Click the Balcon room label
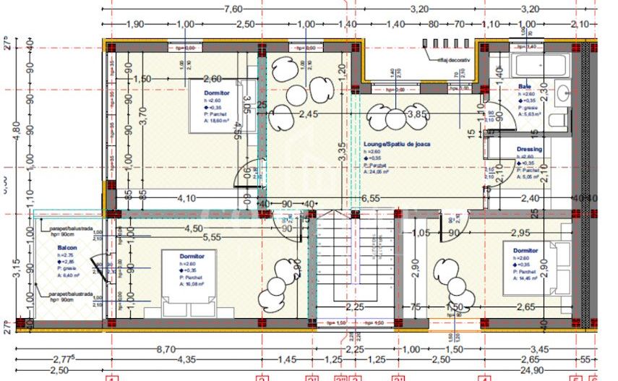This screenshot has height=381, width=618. click(x=67, y=247)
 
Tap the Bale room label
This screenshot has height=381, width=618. click(x=524, y=87)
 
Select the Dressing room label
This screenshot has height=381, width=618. click(x=529, y=150)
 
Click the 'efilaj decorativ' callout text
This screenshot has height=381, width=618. click(x=453, y=61)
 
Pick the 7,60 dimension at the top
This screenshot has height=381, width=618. click(x=233, y=9)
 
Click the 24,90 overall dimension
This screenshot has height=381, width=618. click(x=536, y=370)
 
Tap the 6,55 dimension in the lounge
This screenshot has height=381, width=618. click(x=370, y=197)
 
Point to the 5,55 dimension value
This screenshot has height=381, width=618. click(x=212, y=236)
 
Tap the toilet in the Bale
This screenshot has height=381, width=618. click(x=556, y=120)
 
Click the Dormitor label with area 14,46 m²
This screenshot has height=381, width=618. click(x=525, y=251)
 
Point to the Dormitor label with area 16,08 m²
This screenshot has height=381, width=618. click(x=193, y=256)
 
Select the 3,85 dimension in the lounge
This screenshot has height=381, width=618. click(x=417, y=114)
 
